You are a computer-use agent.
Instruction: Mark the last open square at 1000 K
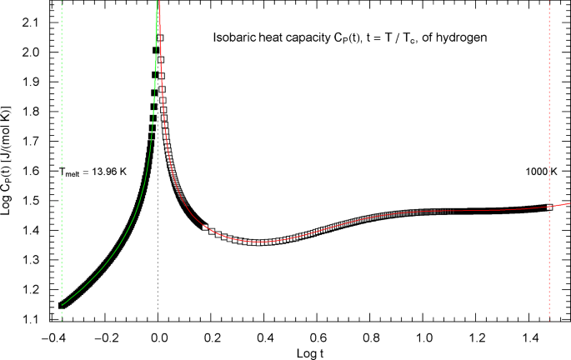tap(549, 207)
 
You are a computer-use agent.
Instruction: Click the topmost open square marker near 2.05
tap(160, 37)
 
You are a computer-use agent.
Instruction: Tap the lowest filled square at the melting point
tap(61, 305)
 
